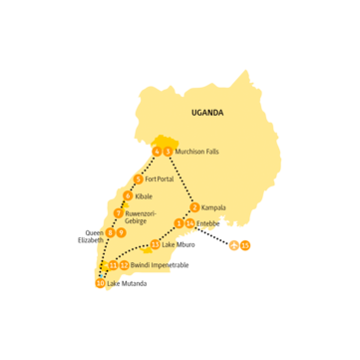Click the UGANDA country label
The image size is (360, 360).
click(x=207, y=114)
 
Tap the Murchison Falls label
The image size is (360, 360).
click(x=196, y=152)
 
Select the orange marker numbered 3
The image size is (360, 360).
click(x=169, y=152)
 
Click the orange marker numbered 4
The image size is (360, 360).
click(x=158, y=152)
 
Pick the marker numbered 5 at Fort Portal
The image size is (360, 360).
click(x=138, y=180)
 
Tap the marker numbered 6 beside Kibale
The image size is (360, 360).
click(x=128, y=196)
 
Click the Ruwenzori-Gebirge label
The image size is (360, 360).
click(x=144, y=217)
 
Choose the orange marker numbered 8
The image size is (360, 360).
click(x=110, y=233)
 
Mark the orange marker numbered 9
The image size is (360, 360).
click(x=121, y=233)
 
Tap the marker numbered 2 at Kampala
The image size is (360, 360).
click(x=194, y=207)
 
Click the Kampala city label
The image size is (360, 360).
click(x=213, y=207)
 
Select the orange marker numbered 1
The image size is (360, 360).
click(x=179, y=223)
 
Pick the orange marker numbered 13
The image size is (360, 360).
click(x=155, y=245)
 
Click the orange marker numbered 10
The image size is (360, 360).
click(x=100, y=284)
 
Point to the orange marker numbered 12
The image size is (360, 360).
click(x=124, y=265)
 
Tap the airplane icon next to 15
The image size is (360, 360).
click(x=233, y=244)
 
